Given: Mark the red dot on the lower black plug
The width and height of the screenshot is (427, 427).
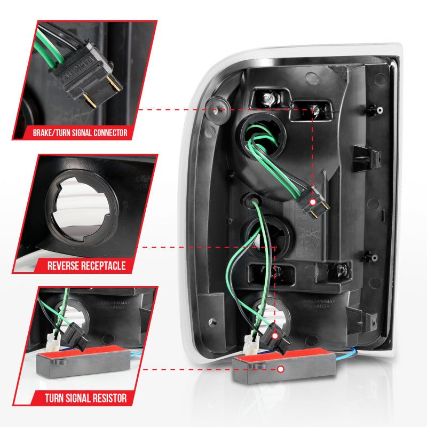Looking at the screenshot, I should [274, 337].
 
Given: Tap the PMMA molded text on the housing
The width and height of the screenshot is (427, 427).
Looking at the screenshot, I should [317, 302].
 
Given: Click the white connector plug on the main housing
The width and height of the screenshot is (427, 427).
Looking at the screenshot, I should [249, 339].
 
